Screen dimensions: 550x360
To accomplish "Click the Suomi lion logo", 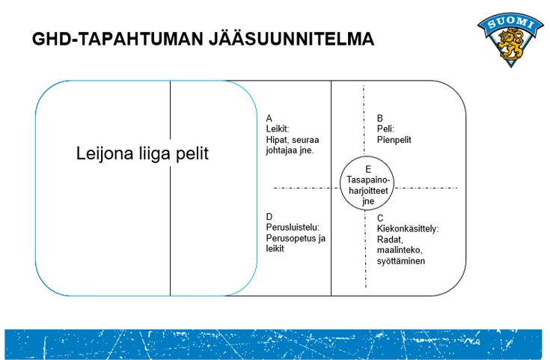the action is [x=510, y=40].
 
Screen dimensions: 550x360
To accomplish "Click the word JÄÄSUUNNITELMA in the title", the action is [x=292, y=39].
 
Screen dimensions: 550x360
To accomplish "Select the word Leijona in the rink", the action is [x=105, y=153].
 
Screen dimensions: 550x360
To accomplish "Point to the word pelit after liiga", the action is [x=192, y=153].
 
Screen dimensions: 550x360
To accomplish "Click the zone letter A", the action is [x=269, y=118].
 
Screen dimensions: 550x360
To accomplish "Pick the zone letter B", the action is [x=380, y=118].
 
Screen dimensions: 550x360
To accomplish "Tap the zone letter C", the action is [x=380, y=219].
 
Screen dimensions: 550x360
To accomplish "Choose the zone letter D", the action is [x=269, y=217].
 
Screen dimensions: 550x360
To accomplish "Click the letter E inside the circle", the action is [x=368, y=169].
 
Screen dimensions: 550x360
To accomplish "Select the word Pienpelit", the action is [x=394, y=140].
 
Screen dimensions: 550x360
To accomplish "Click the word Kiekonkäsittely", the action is [x=407, y=229].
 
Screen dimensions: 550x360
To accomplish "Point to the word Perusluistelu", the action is [x=292, y=228].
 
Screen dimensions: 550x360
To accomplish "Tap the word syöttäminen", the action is [x=401, y=261].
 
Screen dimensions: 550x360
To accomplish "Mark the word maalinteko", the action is [x=399, y=250].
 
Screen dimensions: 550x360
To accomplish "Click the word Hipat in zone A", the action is [x=276, y=140].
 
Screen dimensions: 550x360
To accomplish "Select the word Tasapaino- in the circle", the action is [x=368, y=180].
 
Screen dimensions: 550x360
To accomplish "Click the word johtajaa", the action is [x=281, y=150].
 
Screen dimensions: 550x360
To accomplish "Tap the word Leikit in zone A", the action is [x=277, y=129].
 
